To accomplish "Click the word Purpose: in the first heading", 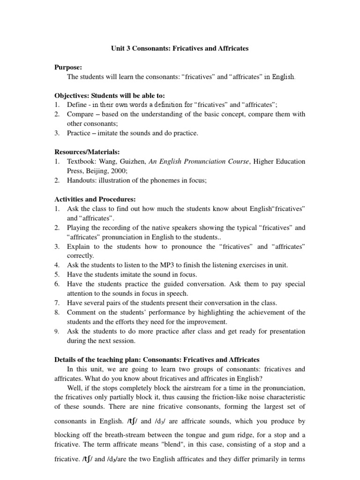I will tap(69, 67).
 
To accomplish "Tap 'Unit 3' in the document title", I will tap(120, 48).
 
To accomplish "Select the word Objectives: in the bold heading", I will tap(73, 95).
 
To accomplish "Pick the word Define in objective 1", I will tap(76, 105).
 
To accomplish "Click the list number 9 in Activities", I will tap(56, 331).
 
